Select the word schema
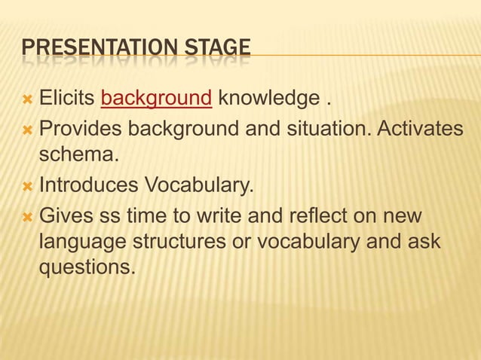[x=78, y=156]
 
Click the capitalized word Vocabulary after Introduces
[x=201, y=185]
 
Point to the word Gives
[x=66, y=218]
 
